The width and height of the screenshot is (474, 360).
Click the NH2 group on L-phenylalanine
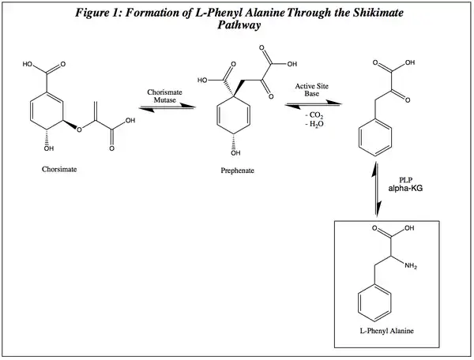[x=412, y=265]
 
